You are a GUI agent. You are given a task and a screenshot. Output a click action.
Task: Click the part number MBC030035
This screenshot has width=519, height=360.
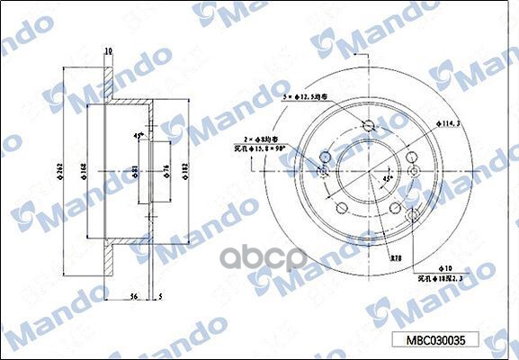(436, 342)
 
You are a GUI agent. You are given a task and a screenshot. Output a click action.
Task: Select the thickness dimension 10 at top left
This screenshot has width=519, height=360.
(108, 51)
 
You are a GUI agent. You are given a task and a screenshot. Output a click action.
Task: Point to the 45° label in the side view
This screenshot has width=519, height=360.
(137, 135)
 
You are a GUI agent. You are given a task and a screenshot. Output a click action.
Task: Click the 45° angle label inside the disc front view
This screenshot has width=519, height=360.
(388, 178)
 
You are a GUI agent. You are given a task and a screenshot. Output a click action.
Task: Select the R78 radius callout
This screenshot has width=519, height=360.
(395, 257)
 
